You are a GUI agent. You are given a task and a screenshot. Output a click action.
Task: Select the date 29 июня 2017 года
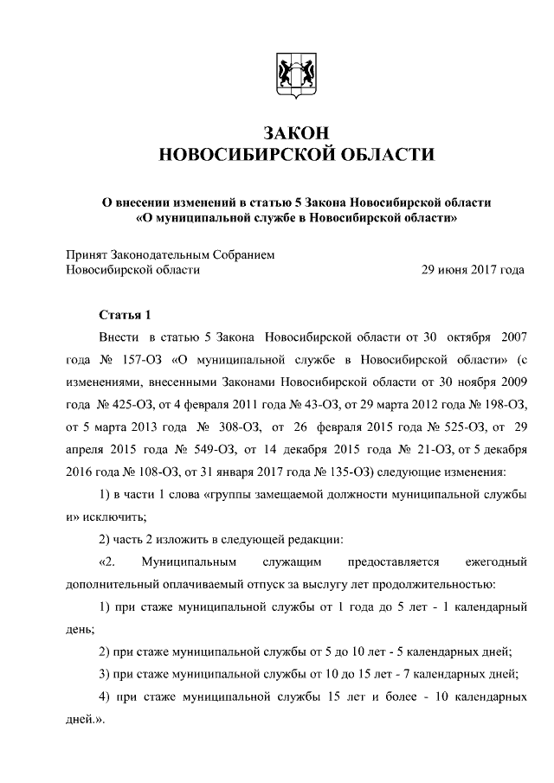472,270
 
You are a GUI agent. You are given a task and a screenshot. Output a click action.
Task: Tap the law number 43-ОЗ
320,404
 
